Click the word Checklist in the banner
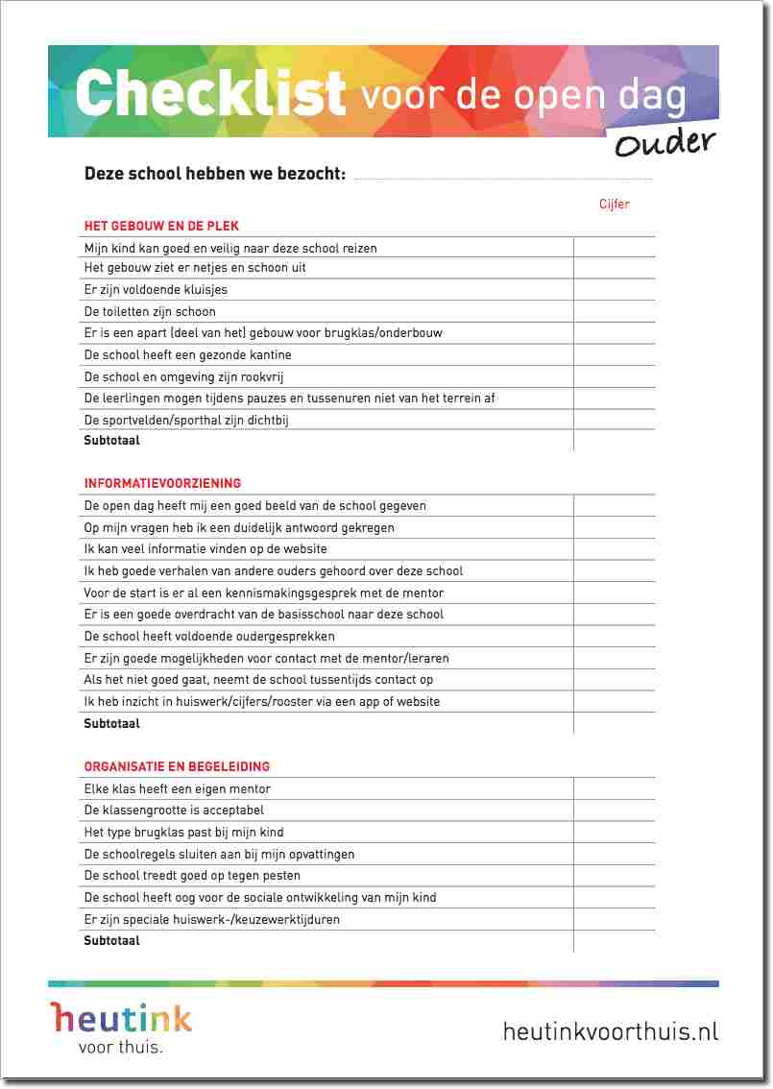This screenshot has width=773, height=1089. (209, 92)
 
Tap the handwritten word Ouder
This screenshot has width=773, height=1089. (664, 144)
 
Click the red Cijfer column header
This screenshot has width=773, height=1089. (615, 204)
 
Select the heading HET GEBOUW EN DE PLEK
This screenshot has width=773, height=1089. (161, 226)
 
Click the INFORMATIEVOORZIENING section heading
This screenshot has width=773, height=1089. (162, 483)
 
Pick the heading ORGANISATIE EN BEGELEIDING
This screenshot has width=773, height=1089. (177, 766)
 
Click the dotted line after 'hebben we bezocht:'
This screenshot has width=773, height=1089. (503, 178)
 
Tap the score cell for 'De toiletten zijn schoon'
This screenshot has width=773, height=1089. (615, 311)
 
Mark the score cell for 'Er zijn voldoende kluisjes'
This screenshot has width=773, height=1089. (615, 289)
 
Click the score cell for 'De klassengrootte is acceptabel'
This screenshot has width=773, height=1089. (615, 811)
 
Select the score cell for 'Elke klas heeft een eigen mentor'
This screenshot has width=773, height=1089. (615, 788)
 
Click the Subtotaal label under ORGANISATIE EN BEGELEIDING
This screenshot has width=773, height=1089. (111, 941)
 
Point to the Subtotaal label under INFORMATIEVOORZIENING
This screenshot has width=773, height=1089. (111, 723)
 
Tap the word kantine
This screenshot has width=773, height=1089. (269, 354)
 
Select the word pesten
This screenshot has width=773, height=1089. (280, 876)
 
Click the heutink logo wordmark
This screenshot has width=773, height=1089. (122, 1017)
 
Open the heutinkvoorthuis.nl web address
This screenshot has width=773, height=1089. (611, 1031)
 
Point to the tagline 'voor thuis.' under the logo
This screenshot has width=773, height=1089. (120, 1048)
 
